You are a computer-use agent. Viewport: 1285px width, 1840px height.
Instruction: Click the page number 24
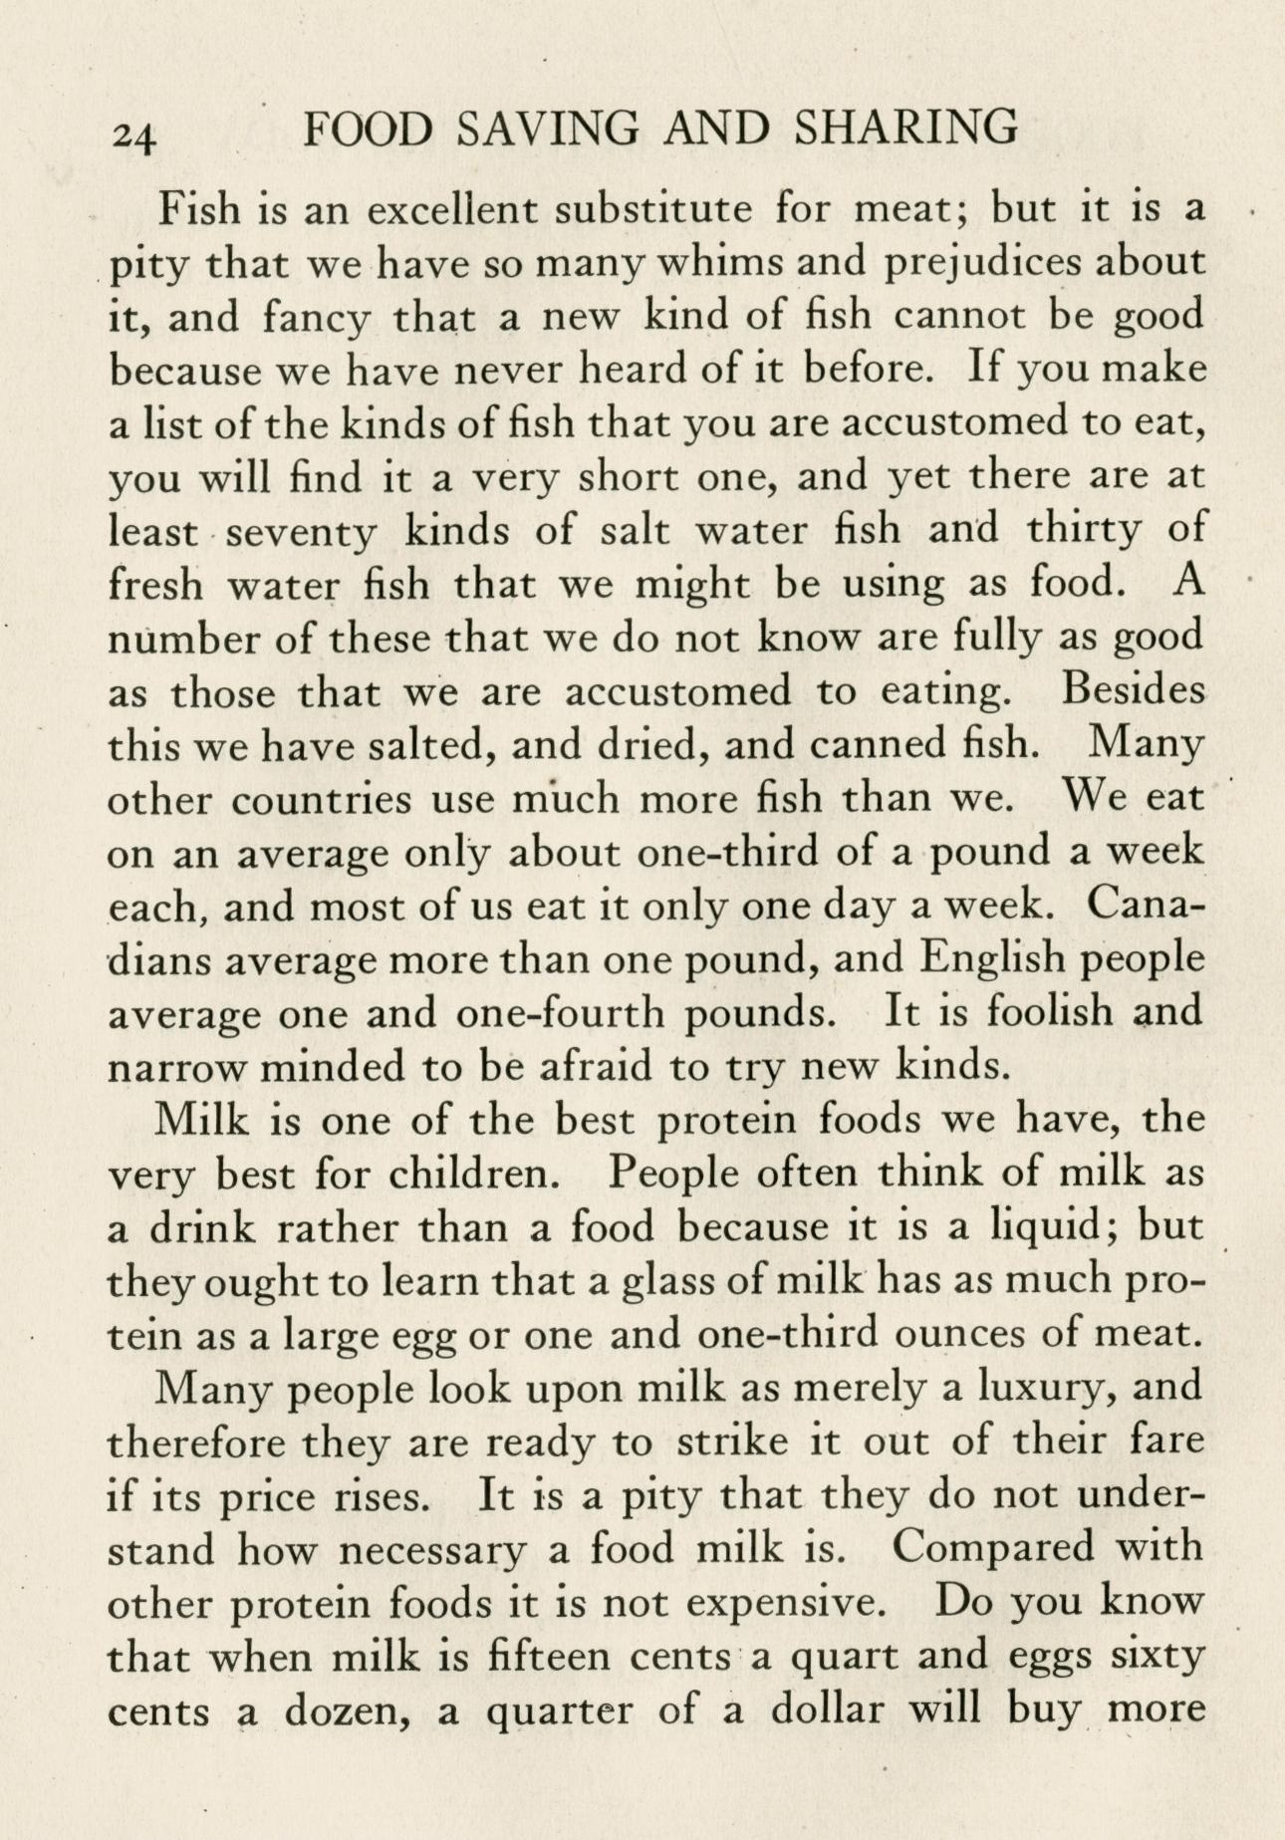coord(135,136)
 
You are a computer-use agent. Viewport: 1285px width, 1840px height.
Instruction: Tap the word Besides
coord(1133,690)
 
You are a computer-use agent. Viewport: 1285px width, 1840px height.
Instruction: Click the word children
coord(471,1174)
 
